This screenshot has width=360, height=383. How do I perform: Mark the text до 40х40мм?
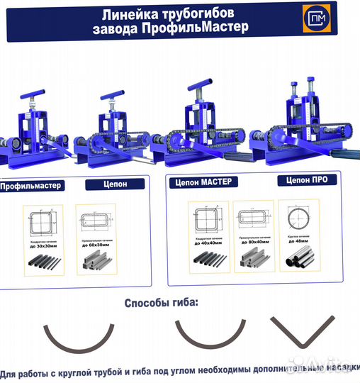pos(208,243)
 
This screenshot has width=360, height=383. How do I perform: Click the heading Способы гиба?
pos(162,303)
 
